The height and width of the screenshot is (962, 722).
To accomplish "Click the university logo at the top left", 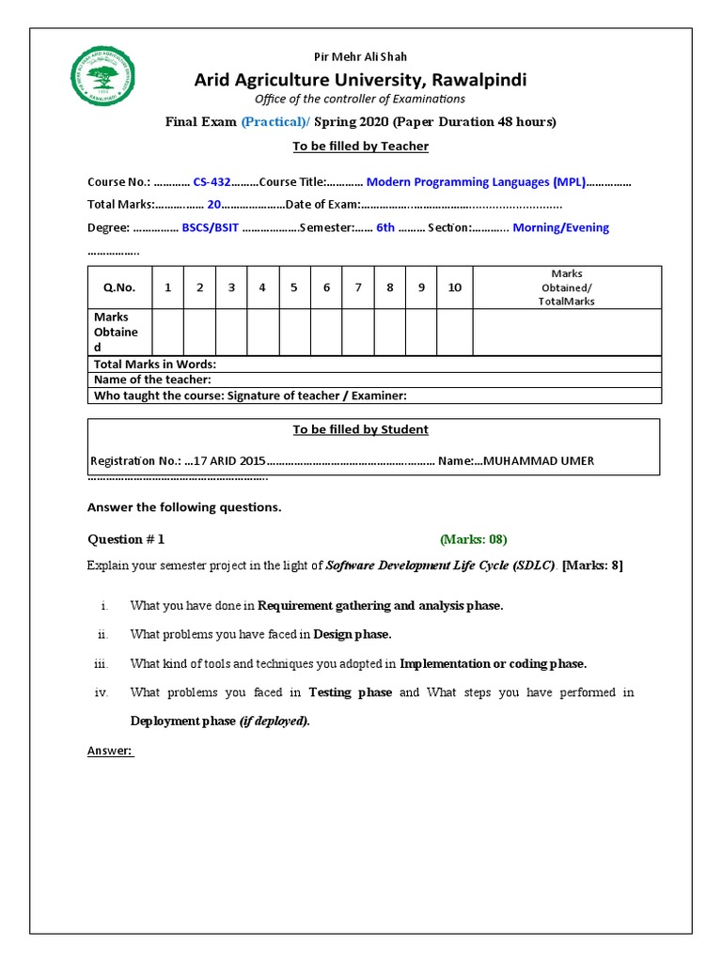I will (x=103, y=76).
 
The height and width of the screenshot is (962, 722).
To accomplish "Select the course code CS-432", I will (x=212, y=182).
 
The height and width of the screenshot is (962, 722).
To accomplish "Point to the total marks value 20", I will (x=214, y=205).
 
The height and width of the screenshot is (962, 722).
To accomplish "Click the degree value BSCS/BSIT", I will (x=212, y=227).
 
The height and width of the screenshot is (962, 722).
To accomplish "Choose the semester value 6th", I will (x=385, y=227).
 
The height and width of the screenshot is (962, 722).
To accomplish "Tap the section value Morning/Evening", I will (x=560, y=227).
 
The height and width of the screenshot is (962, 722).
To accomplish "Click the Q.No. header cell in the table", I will (x=119, y=287).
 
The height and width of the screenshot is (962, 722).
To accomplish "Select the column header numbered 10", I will (x=454, y=287).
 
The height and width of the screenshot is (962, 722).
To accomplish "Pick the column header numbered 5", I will (x=294, y=287).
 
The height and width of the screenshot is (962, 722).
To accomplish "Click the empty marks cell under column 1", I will (x=167, y=333).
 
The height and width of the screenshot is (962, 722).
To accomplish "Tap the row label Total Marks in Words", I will (x=155, y=364).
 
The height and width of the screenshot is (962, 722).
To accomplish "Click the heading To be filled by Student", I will (x=360, y=429).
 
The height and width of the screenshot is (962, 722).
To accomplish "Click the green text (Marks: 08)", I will (x=473, y=539).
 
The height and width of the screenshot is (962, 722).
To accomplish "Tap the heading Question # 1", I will (x=126, y=539).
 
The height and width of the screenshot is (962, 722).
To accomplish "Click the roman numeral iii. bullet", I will (x=102, y=663).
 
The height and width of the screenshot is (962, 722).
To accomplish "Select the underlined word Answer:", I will (x=111, y=751).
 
